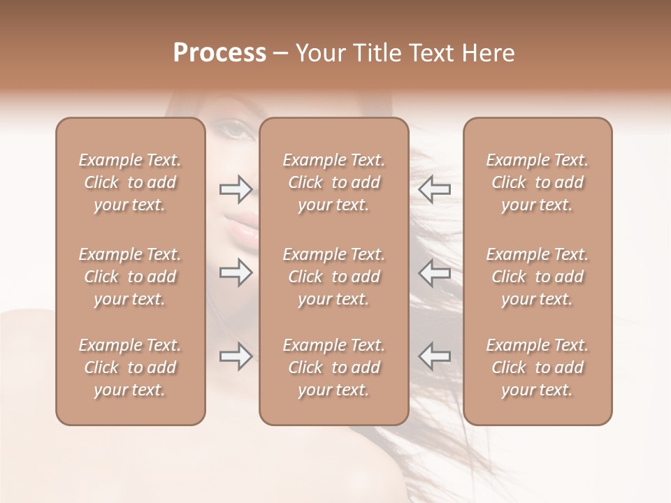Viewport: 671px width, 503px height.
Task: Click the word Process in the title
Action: click(219, 53)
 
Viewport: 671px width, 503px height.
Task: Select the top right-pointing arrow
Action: click(236, 189)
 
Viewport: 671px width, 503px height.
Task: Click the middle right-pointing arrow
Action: click(236, 272)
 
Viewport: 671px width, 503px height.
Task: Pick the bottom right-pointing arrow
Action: click(236, 356)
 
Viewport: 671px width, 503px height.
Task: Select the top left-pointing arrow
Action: click(435, 189)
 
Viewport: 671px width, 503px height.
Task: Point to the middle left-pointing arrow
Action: click(435, 272)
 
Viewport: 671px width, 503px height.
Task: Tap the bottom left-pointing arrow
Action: click(435, 356)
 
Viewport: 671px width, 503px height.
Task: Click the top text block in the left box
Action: click(130, 182)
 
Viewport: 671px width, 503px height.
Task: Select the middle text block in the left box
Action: click(130, 277)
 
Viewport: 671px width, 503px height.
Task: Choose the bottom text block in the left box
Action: click(130, 367)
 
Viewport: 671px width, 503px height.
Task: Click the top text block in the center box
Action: click(334, 182)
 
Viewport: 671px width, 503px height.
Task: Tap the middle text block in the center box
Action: click(334, 277)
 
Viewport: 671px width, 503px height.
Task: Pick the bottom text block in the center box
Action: click(334, 367)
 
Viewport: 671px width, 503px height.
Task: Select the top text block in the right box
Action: click(537, 182)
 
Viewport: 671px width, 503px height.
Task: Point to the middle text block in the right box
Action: click(537, 277)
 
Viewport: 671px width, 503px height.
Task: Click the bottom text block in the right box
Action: click(537, 367)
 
